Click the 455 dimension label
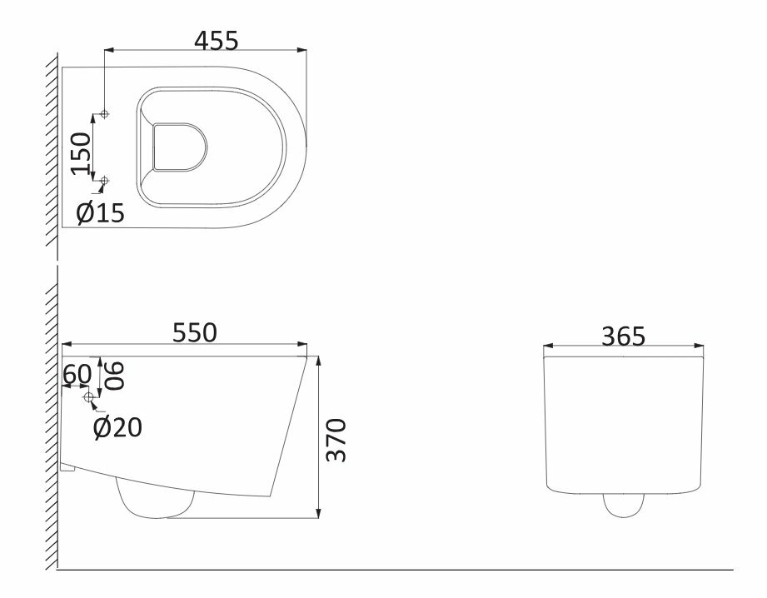pos(217,40)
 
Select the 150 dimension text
pos(82,153)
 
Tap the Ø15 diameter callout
pos(101,213)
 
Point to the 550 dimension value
pos(194,332)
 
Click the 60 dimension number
pos(77,374)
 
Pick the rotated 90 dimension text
pos(114,375)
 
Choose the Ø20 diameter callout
pos(117,427)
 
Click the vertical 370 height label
pos(336,440)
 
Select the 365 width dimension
pos(623,336)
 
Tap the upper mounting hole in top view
pos(104,114)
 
